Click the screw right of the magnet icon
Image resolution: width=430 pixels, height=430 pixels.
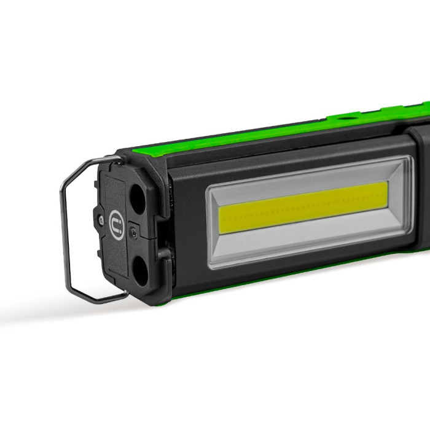click(133, 233)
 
